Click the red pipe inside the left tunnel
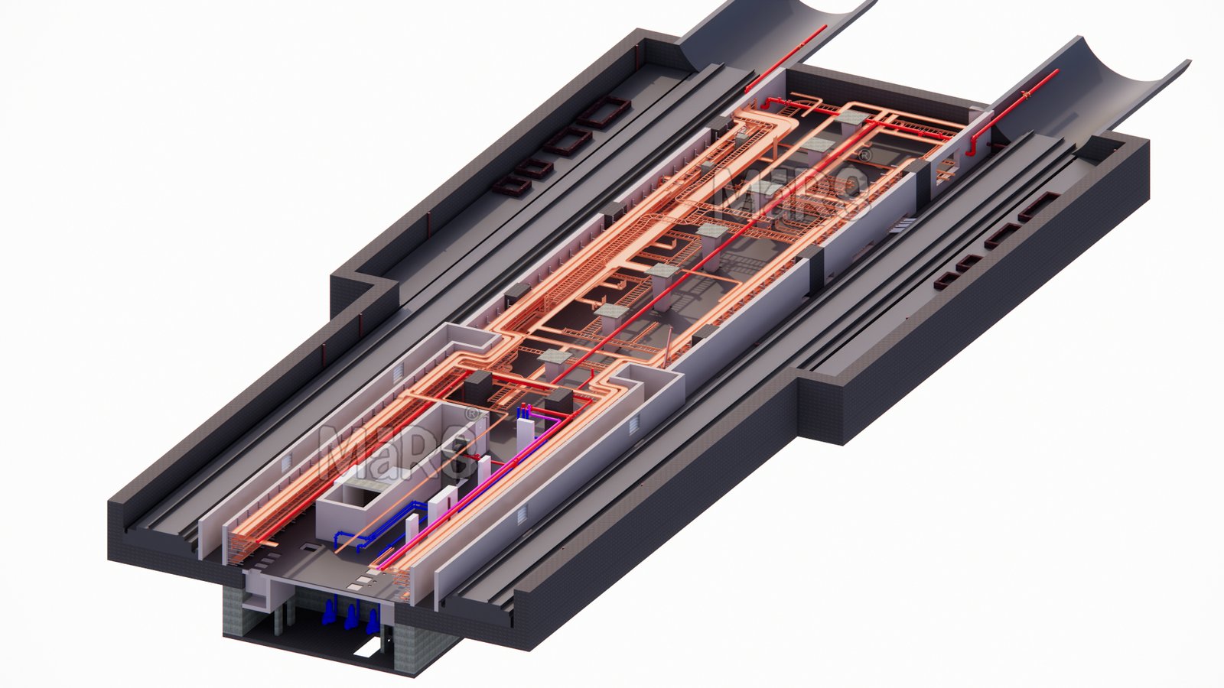click(x=786, y=58)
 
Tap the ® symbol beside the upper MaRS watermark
click(x=864, y=156)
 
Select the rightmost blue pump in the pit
click(x=372, y=621)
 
